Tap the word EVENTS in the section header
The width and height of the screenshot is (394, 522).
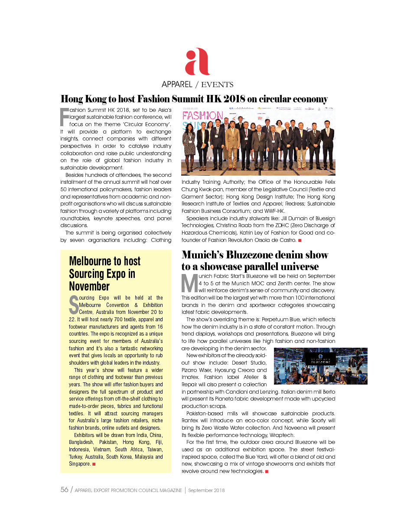[217, 85]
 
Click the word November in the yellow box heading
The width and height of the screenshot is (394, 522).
[89, 286]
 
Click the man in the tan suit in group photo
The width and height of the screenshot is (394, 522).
[232, 141]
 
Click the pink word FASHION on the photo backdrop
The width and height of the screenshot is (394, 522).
[203, 117]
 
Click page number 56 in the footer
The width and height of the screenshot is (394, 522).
[64, 490]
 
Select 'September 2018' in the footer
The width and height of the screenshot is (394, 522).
[206, 490]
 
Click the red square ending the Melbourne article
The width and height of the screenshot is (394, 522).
[94, 464]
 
